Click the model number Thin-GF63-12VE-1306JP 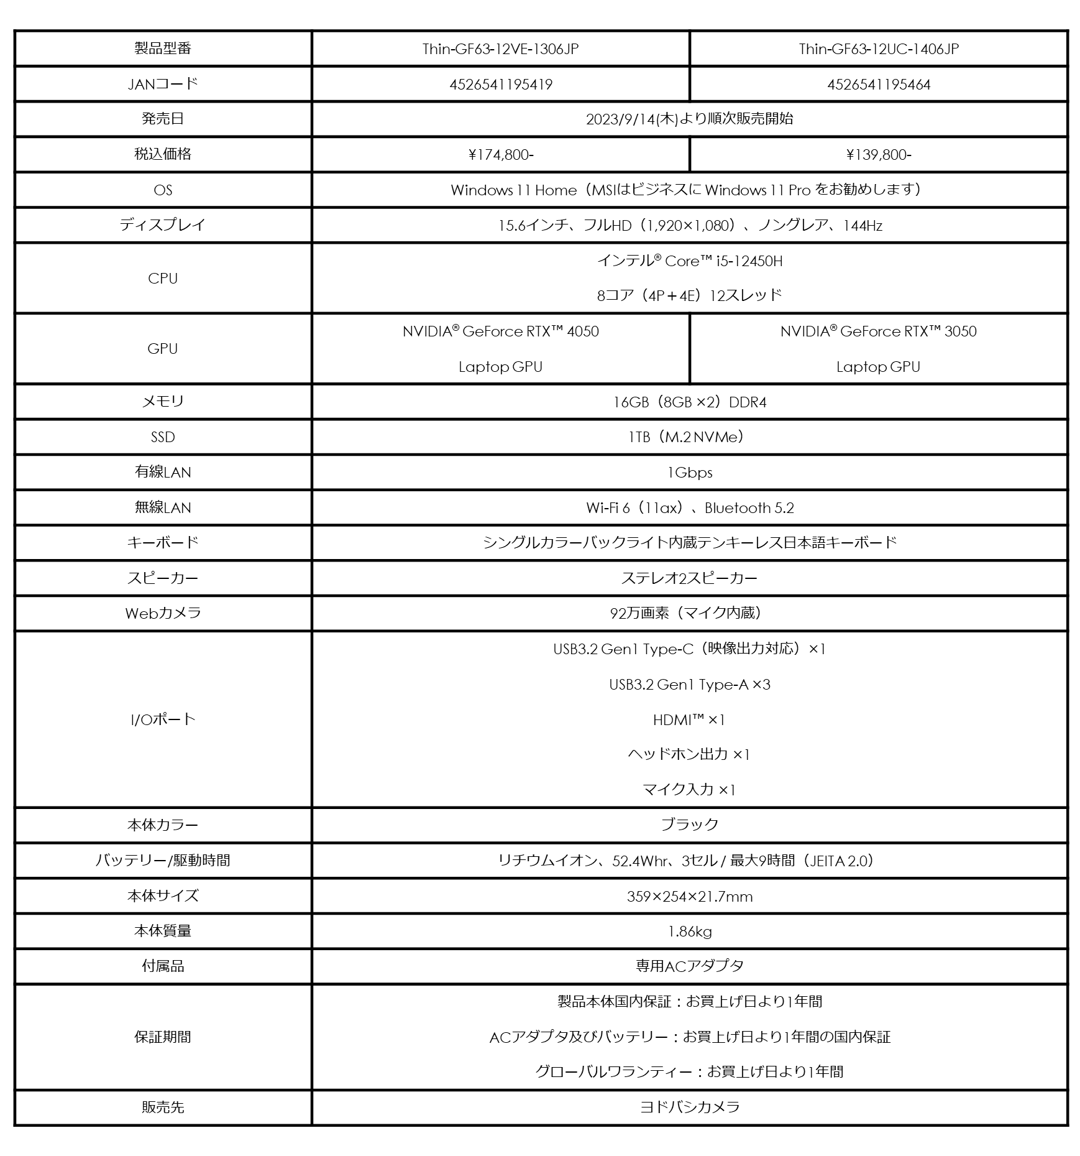pos(500,49)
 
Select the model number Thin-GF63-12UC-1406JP pos(879,49)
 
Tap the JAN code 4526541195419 pos(501,85)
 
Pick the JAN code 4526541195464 pos(879,85)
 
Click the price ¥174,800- pos(501,155)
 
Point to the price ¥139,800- pos(879,155)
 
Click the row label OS pos(163,190)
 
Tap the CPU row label pos(163,279)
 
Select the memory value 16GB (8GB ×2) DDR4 pos(690,402)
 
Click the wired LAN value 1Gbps pos(690,473)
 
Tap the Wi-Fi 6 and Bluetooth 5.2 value pos(690,508)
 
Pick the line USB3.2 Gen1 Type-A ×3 pos(690,685)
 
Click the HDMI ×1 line pos(690,720)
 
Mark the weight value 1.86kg pos(690,932)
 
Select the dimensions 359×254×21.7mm pos(690,897)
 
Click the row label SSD pos(163,437)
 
